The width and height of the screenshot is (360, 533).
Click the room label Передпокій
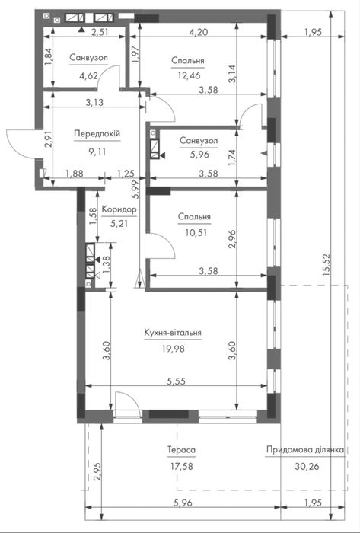click(x=97, y=133)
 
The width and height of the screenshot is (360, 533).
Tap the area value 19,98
click(x=174, y=349)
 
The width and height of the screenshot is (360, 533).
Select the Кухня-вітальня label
click(x=173, y=333)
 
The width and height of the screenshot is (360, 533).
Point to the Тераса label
click(x=181, y=450)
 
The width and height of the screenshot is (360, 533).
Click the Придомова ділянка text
click(x=306, y=450)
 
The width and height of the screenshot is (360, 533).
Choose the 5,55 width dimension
click(x=176, y=381)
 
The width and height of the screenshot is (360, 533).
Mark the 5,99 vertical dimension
click(x=135, y=190)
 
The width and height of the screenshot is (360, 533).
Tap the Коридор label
click(x=119, y=210)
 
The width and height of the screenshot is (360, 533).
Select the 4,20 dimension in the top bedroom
click(x=199, y=32)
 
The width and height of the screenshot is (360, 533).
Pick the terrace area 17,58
click(x=182, y=466)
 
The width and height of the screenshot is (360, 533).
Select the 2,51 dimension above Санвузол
click(x=101, y=32)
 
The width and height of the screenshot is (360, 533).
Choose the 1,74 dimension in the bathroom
click(x=232, y=158)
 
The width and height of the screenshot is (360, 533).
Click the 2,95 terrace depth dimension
click(x=97, y=473)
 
